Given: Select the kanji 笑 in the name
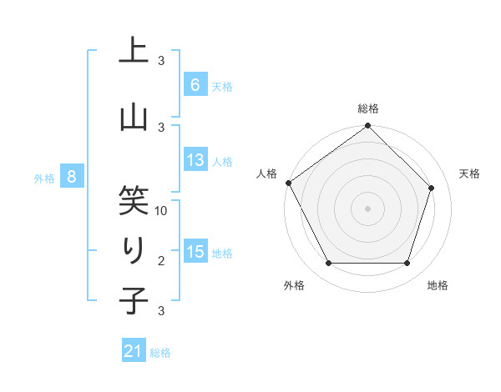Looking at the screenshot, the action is point(134,200).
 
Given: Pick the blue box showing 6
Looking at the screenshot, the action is point(195,84).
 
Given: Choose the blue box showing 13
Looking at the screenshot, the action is point(195,160).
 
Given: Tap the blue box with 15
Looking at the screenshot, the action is point(195,252).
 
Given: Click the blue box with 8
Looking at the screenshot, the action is point(72,176).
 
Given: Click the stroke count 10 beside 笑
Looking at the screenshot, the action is point(162,211).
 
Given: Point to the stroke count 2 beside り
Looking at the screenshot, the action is point(161,262).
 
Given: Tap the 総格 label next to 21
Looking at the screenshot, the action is point(161,353).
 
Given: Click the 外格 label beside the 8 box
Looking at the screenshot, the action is point(44,178).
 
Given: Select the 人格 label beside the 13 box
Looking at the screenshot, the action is point(222,161).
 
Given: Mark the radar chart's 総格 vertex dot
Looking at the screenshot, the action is point(367,126).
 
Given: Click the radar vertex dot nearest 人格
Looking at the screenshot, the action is point(288,183).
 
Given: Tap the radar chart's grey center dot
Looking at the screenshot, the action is point(367,208).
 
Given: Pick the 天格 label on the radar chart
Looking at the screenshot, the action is point(470,173).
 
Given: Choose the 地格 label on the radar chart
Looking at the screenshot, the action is point(438,285).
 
